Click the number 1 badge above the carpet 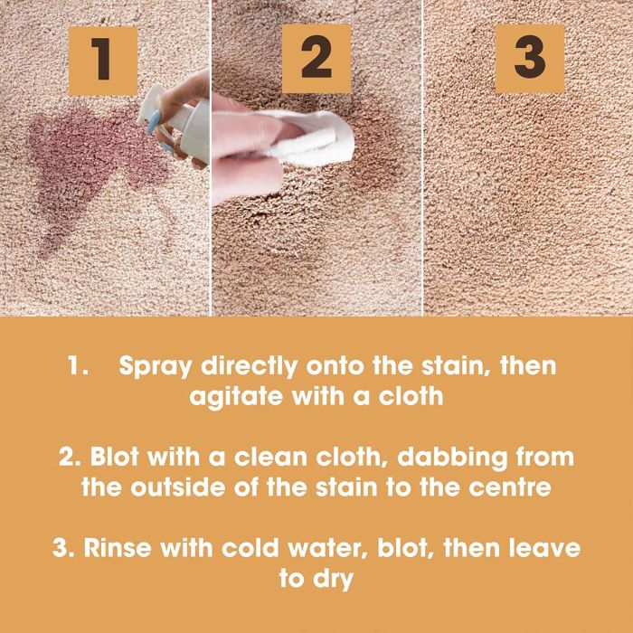coord(103,61)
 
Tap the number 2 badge coord(316,58)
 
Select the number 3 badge coord(530,59)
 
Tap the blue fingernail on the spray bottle coord(154,121)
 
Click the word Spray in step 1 coord(156,367)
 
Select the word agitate coord(236,397)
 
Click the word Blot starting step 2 coord(114,457)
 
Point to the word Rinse coord(118,548)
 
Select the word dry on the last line coord(333,580)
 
